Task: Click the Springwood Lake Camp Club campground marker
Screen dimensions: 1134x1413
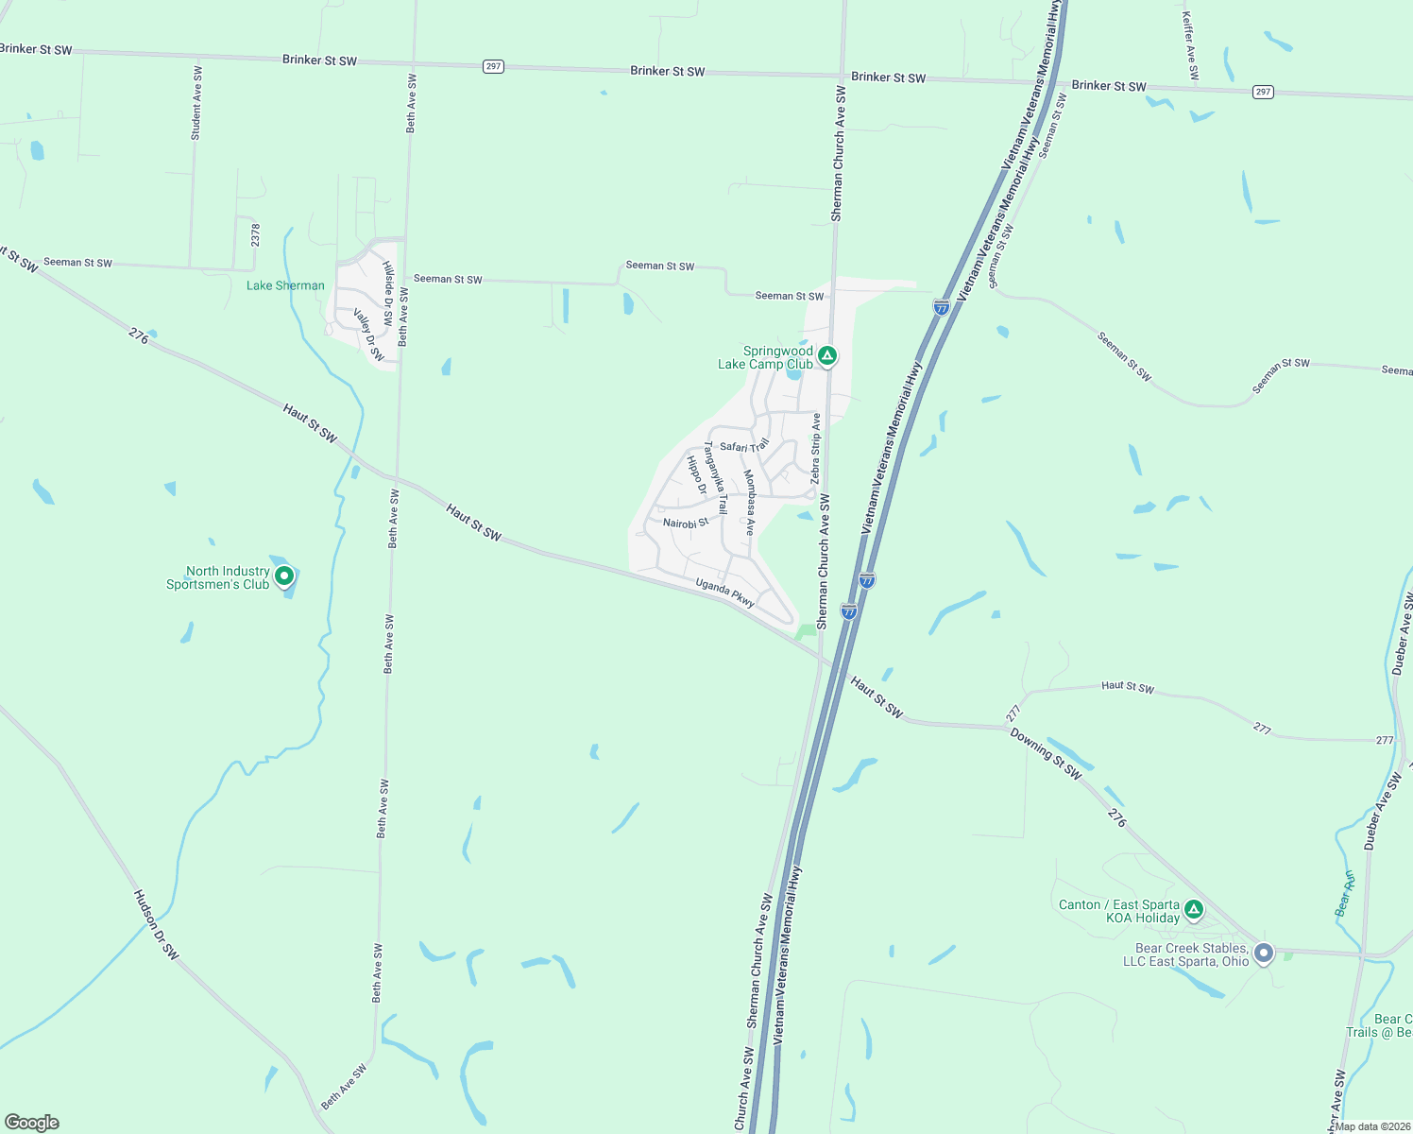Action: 827,356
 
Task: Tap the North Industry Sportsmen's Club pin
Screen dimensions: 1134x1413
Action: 283,576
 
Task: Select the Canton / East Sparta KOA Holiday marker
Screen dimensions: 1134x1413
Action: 1194,910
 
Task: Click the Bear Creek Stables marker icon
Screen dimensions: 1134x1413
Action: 1264,953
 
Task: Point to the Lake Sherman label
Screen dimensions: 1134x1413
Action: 285,285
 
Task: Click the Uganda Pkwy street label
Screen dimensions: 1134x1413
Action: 725,593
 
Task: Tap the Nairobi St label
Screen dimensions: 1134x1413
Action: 686,523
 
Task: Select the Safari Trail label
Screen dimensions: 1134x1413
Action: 744,446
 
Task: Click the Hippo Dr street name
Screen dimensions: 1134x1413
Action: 697,474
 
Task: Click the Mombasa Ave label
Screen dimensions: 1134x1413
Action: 750,502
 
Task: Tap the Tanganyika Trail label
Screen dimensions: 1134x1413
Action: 715,477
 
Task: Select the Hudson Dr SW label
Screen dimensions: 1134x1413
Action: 156,925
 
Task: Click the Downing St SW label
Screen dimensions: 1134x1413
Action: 1047,752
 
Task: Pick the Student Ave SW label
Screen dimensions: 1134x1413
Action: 196,103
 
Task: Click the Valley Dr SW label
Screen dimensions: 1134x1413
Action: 369,334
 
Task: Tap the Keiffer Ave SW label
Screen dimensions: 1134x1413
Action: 1190,44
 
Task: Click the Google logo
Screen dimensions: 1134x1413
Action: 32,1122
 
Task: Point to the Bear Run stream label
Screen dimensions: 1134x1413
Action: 1345,893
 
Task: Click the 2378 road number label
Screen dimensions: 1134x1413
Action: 255,234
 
